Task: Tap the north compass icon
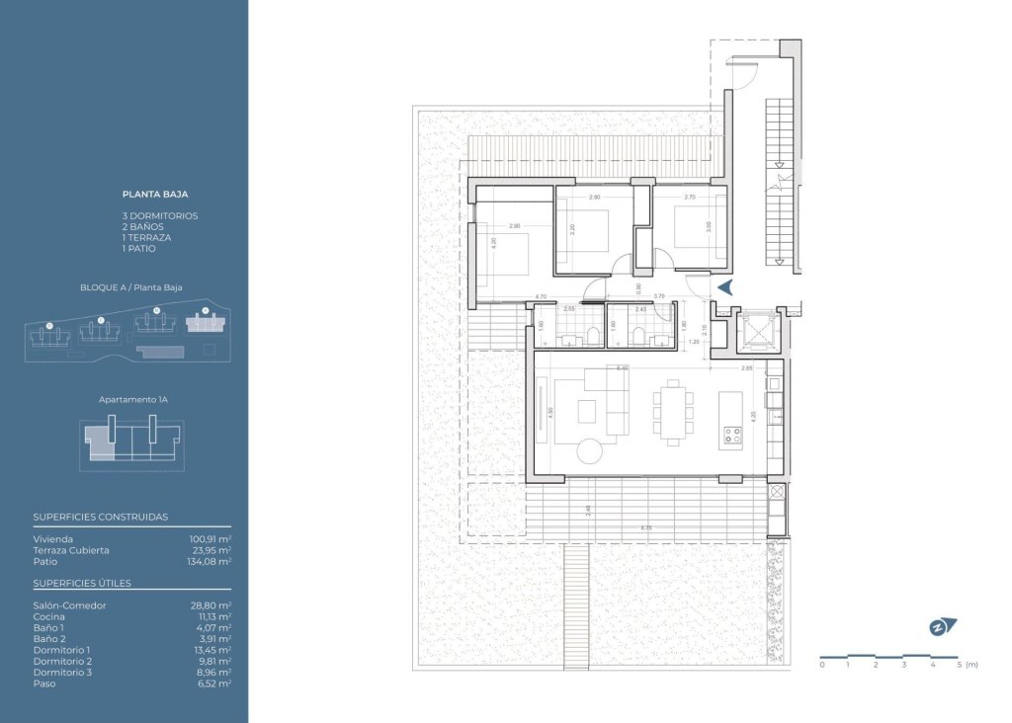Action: pos(943,626)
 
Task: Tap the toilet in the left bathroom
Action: pos(592,336)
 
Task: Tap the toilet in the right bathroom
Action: pos(640,336)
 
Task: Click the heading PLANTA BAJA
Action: pos(154,195)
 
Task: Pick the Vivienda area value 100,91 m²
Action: pos(210,539)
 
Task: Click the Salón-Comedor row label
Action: pos(69,605)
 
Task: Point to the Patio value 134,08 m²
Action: pos(210,561)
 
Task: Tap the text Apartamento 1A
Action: pos(131,400)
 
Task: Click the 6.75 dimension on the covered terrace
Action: pos(646,528)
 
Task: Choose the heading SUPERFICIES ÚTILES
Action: pos(81,583)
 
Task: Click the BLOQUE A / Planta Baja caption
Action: pos(131,287)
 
